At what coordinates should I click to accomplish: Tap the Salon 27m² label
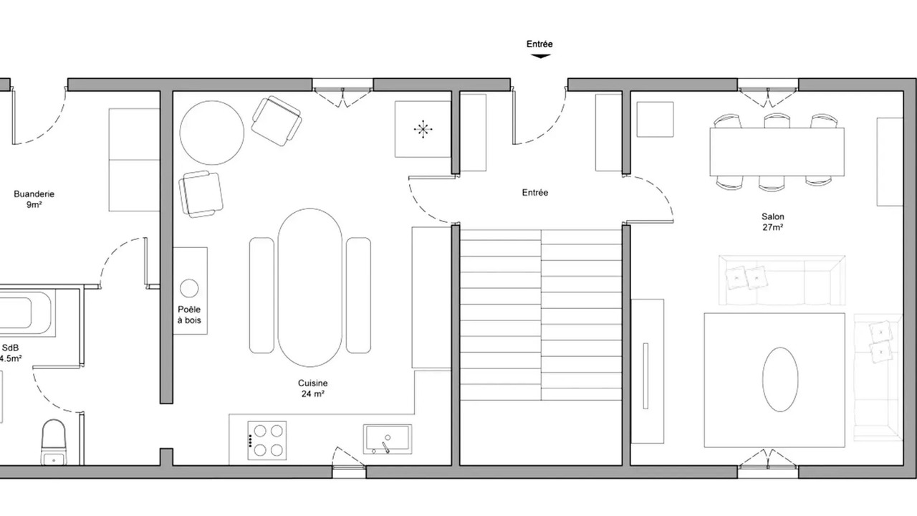pos(773,221)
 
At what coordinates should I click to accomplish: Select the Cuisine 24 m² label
pos(313,388)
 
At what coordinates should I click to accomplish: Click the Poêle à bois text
pos(189,315)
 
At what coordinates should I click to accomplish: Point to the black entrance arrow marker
pos(540,56)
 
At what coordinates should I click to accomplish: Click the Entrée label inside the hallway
pos(535,193)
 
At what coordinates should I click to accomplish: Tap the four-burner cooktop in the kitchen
pos(267,440)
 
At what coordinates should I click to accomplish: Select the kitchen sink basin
pos(388,439)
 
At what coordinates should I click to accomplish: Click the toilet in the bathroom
pos(54,442)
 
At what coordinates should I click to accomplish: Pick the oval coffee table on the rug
pos(780,379)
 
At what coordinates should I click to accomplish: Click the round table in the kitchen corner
pos(211,133)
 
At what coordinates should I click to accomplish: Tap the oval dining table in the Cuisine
pos(310,287)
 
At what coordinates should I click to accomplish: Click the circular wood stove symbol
pos(189,288)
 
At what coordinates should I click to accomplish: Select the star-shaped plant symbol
pos(423,130)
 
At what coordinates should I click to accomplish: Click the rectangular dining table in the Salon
pos(777,152)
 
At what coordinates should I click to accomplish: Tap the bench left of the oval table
pos(261,295)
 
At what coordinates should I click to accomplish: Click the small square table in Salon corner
pos(655,119)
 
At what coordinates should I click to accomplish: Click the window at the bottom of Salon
pos(768,471)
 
